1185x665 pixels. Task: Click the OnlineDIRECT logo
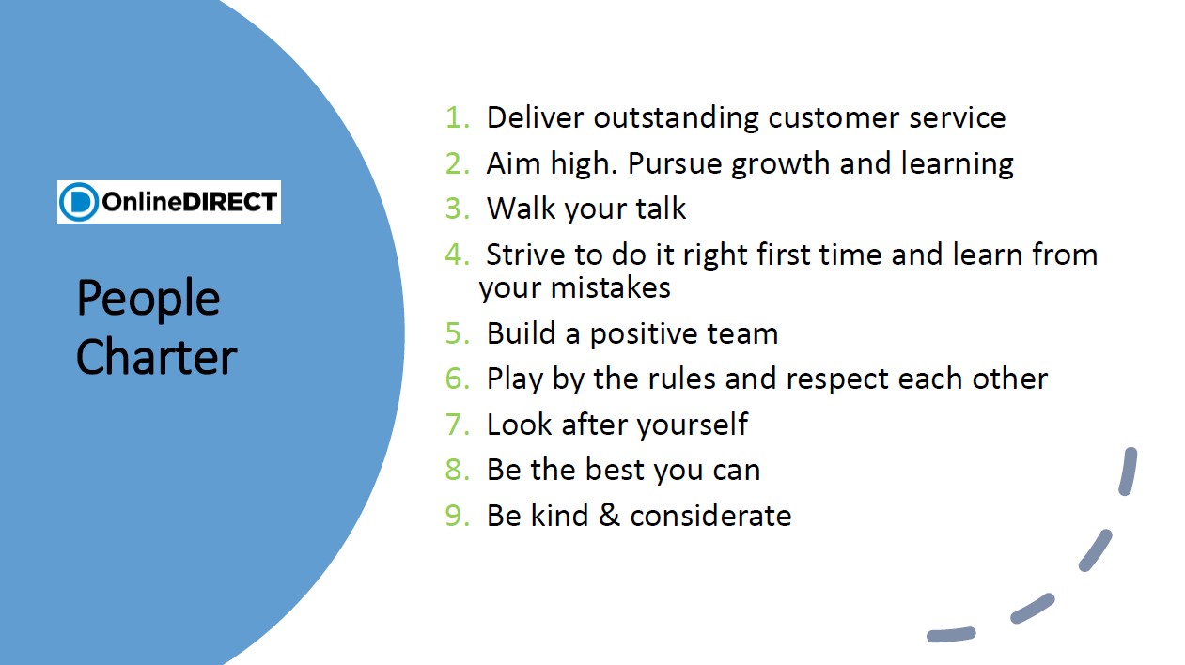(169, 202)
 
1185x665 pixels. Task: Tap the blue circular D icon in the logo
(79, 202)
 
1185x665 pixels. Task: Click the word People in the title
(148, 299)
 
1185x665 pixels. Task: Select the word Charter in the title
(156, 358)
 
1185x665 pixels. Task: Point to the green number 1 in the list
(456, 117)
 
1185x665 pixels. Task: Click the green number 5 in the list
(456, 333)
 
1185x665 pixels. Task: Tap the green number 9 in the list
(456, 516)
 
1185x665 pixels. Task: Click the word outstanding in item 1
(677, 117)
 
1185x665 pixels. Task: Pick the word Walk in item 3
(522, 209)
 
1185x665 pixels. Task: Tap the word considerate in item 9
(711, 516)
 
